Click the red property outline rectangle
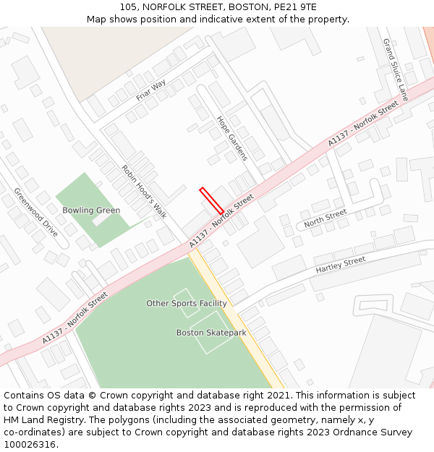tap(211, 200)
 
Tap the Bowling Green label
tap(91, 210)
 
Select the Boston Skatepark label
tap(211, 333)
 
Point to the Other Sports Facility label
tap(187, 304)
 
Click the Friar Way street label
tap(150, 90)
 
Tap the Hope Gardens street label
tap(231, 138)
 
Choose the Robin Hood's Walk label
tap(144, 192)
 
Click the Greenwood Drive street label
tap(35, 212)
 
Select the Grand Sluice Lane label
tap(396, 69)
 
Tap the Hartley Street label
tap(341, 265)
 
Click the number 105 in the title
tap(128, 7)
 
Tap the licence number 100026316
tap(30, 445)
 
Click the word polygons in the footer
tap(121, 420)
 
